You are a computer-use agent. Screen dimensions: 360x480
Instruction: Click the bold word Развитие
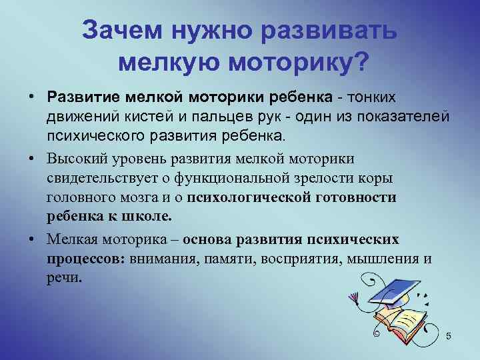pyautogui.click(x=79, y=98)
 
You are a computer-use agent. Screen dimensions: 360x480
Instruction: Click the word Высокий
pyautogui.click(x=73, y=159)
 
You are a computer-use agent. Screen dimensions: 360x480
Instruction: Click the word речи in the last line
pyautogui.click(x=64, y=277)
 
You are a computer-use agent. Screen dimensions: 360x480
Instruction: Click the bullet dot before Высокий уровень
pyautogui.click(x=31, y=159)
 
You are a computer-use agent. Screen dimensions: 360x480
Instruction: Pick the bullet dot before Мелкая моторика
pyautogui.click(x=31, y=239)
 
